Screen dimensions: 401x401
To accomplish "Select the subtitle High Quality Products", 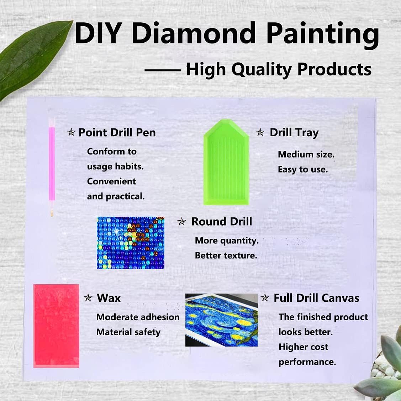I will tap(279, 69).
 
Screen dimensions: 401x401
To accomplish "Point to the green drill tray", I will tap(226, 164).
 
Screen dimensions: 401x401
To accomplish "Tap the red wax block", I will tap(56, 326).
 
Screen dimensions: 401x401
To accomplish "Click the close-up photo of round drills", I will tap(131, 243).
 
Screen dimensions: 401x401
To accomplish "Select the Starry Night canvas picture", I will tap(221, 320).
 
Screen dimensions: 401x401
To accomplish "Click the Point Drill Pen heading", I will tap(117, 133).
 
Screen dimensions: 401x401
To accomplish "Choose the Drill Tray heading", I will tap(294, 133).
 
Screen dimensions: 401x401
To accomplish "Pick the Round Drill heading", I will tap(222, 222).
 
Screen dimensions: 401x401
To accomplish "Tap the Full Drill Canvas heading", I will tap(316, 298).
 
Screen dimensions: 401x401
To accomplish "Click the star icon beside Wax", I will tap(88, 298).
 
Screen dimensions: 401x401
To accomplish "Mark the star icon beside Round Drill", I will tap(182, 222).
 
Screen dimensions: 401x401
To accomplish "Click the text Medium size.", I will tap(306, 154).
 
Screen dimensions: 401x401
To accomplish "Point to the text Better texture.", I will tap(226, 255).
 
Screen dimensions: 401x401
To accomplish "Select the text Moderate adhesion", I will tap(138, 317).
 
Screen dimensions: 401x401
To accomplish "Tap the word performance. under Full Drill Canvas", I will tap(307, 362).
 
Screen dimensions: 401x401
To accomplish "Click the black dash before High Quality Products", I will tap(162, 70).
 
